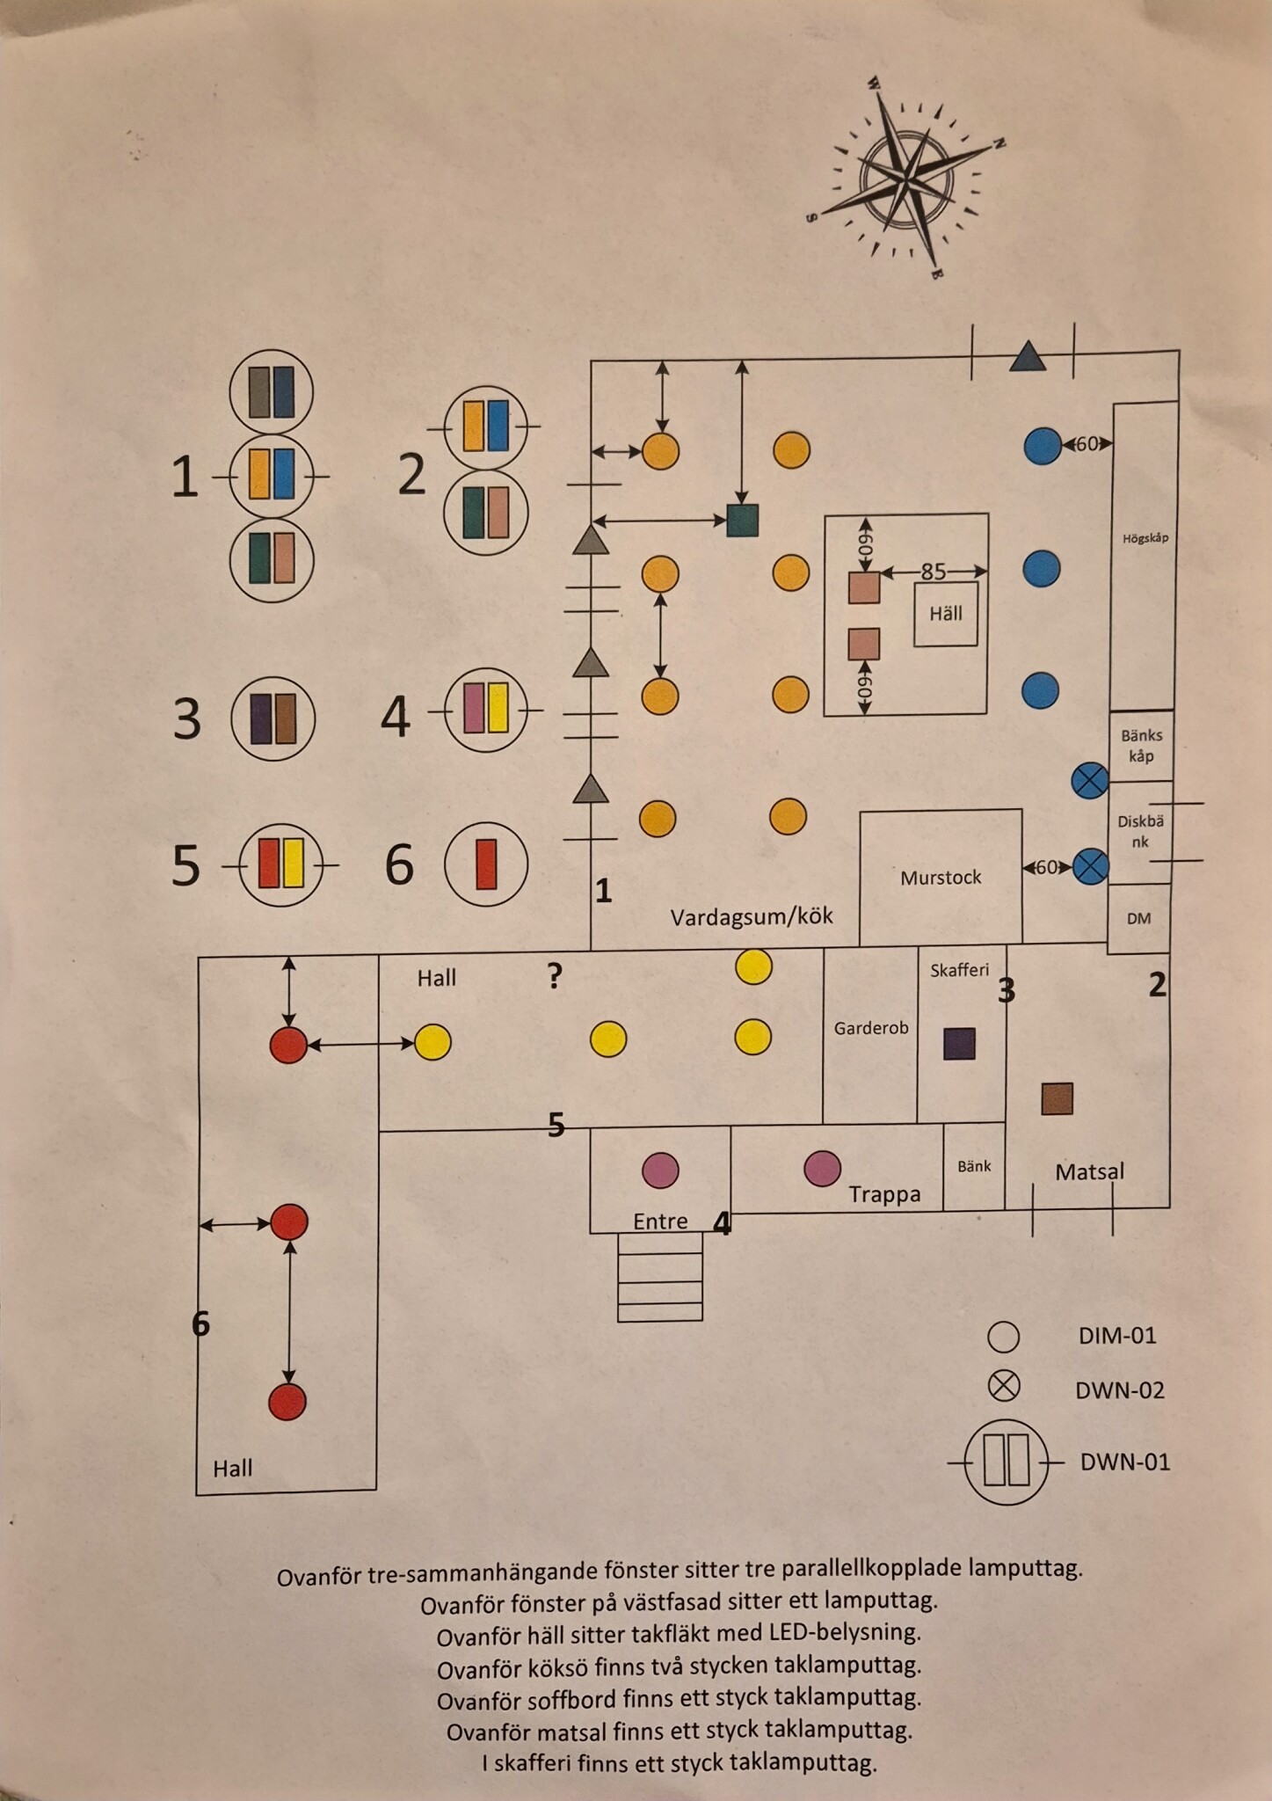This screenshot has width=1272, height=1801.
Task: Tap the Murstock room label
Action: coord(941,877)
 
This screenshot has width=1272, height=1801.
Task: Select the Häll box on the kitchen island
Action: coord(946,614)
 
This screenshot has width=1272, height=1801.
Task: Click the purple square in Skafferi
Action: coord(959,1044)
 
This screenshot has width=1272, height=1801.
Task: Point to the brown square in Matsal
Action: coord(1057,1098)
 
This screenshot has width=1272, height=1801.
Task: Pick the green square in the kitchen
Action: coord(743,521)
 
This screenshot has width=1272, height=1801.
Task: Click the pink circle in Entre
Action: coord(660,1170)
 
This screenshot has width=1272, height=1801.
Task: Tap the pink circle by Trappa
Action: coord(822,1168)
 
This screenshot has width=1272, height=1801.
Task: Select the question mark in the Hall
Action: coord(555,976)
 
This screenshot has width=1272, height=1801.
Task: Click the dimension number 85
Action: coord(934,572)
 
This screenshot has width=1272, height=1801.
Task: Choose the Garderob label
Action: coord(870,1027)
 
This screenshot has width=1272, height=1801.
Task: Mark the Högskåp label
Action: coord(1145,538)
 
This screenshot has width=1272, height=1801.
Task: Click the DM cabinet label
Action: coord(1138,918)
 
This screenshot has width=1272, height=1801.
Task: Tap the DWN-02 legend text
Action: coord(1119,1390)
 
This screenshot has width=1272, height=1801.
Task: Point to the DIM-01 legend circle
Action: coord(1003,1338)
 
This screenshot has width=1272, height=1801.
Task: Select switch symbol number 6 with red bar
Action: coord(486,864)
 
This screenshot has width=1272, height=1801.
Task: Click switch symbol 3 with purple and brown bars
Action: coord(273,718)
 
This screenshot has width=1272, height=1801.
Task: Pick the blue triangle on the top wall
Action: coord(1027,357)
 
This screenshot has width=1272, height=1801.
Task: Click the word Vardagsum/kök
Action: coord(752,917)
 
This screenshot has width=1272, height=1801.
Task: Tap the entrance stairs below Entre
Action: coord(660,1276)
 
